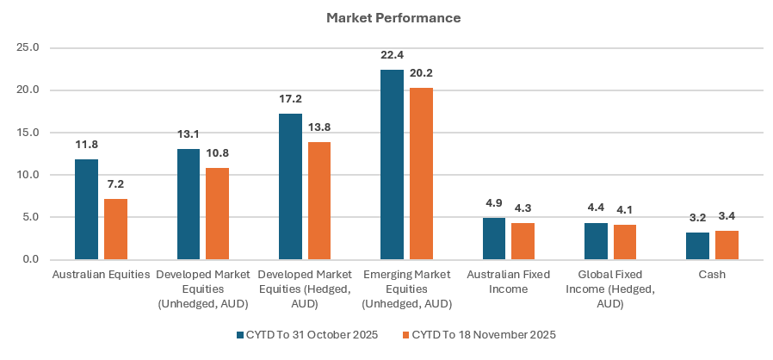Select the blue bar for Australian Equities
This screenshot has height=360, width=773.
tap(86, 209)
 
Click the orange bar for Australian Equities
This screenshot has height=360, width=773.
tap(115, 229)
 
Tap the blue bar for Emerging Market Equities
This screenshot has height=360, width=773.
tap(392, 164)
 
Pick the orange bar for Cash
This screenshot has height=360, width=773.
tap(727, 245)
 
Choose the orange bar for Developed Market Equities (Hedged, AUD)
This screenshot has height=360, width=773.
tap(319, 201)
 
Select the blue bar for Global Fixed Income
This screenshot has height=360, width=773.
tap(596, 241)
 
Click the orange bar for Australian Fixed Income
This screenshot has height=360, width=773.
tap(523, 241)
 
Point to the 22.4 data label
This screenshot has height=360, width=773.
tap(392, 55)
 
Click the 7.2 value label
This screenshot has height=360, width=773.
tap(115, 184)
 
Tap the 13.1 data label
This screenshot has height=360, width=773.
tap(189, 134)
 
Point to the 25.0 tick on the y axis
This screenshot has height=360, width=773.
tap(28, 48)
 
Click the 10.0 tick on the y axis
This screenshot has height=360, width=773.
tap(28, 175)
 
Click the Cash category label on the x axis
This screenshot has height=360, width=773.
tap(712, 275)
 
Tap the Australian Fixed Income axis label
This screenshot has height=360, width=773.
tap(508, 282)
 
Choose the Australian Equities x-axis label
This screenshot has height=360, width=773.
tap(101, 275)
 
